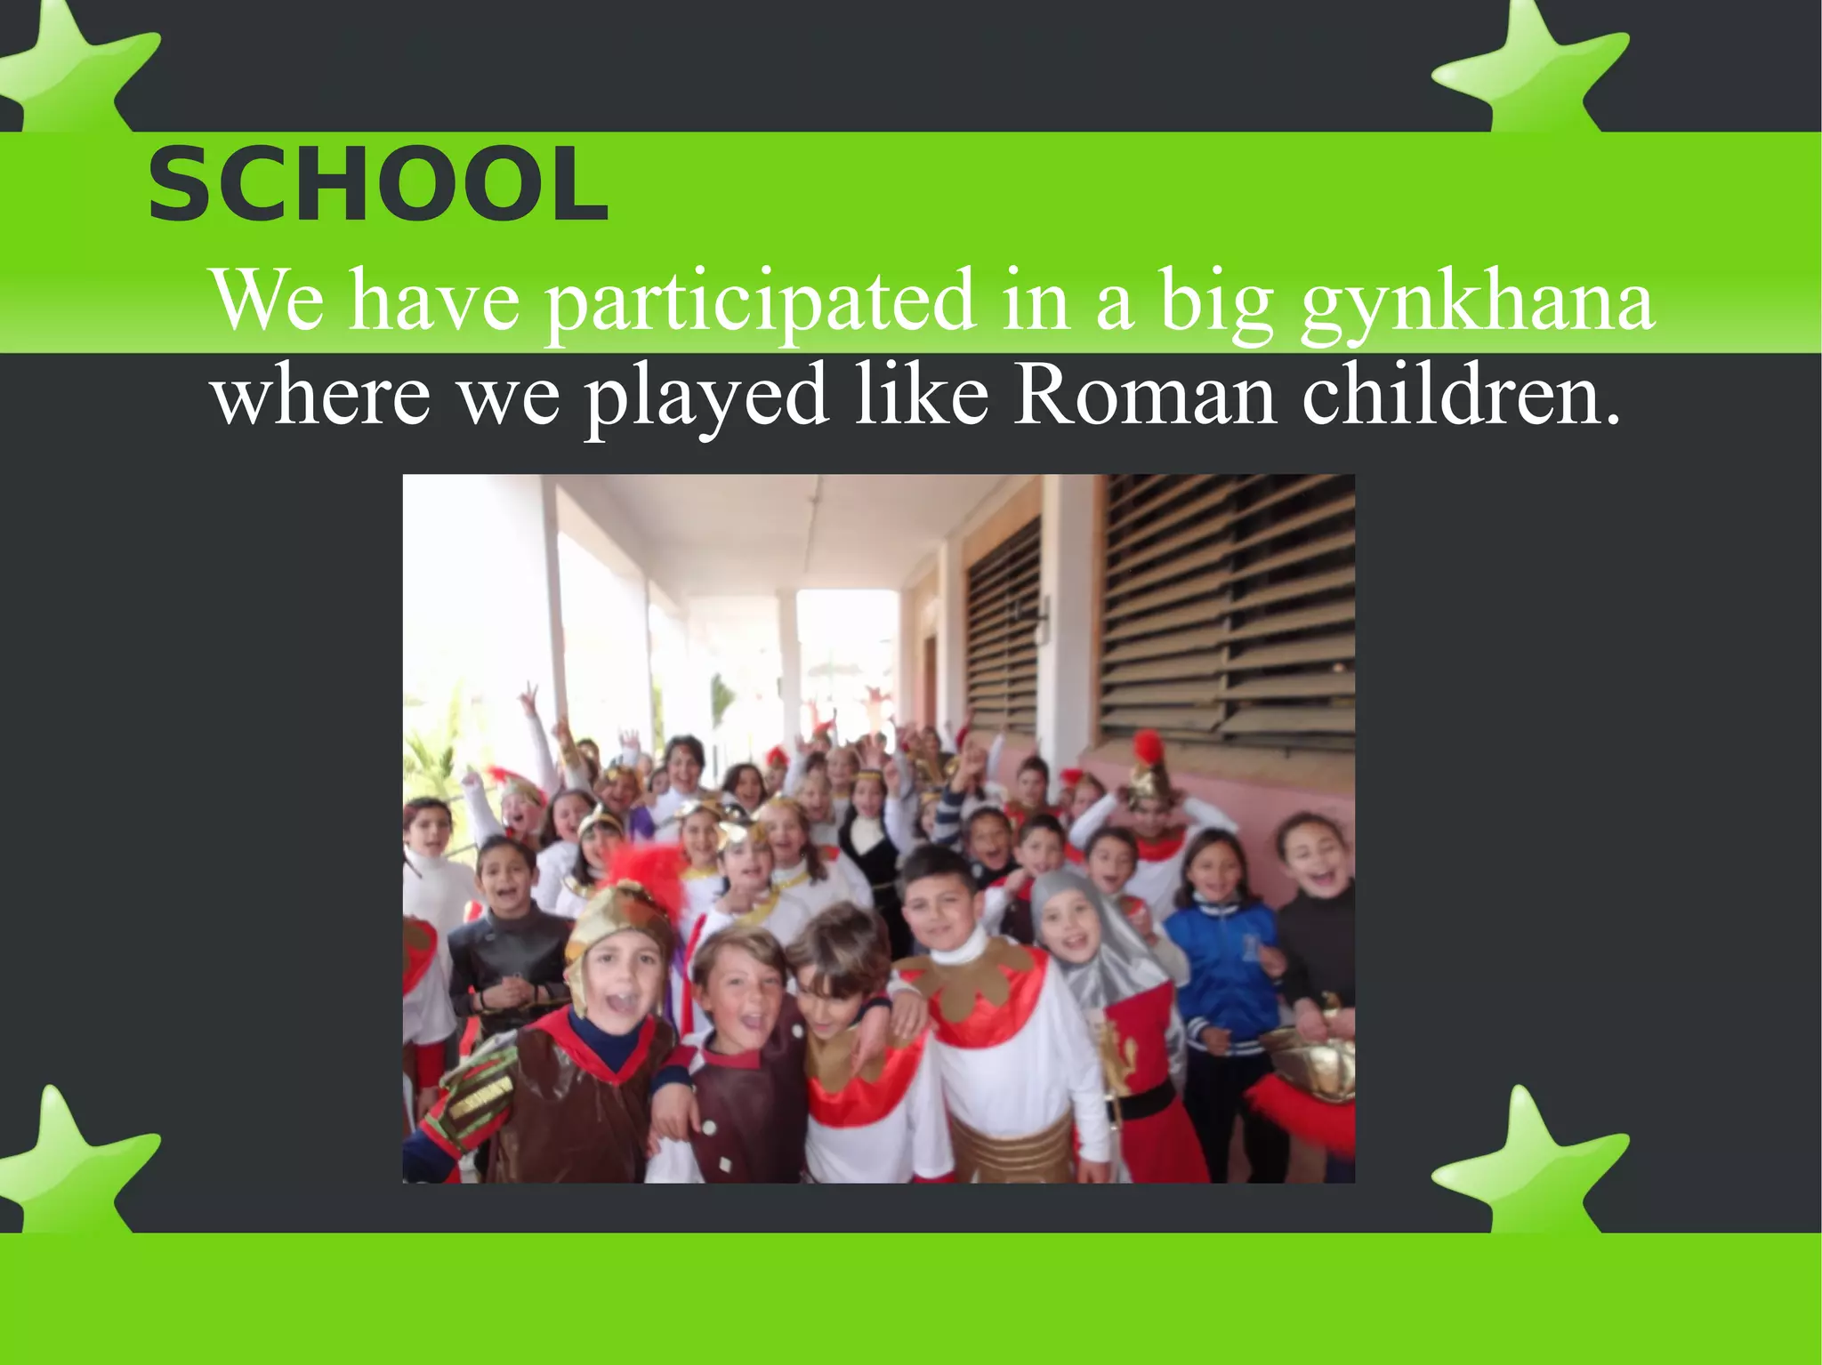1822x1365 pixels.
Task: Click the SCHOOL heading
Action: pos(377,185)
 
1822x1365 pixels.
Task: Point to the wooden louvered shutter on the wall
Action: pos(1228,605)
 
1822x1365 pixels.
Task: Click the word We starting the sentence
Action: pos(267,301)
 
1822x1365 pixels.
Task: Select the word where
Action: pos(321,396)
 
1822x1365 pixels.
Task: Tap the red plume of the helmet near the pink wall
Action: pos(1149,747)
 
